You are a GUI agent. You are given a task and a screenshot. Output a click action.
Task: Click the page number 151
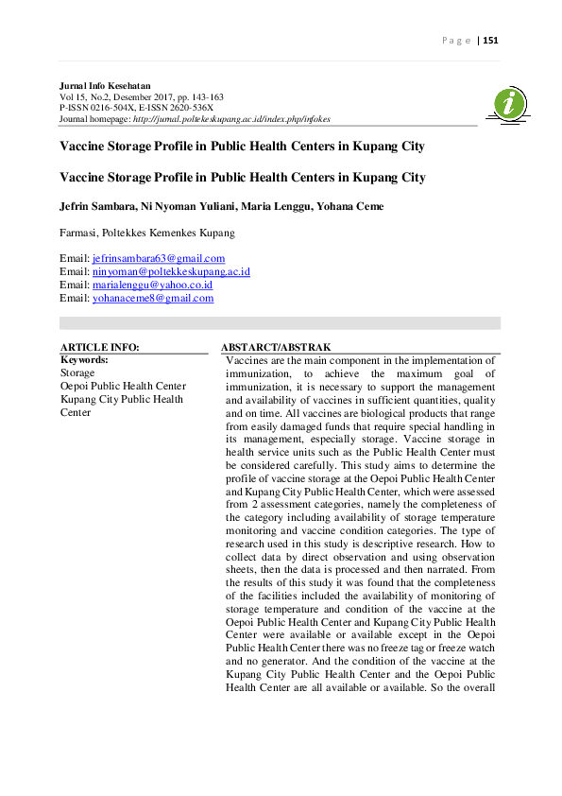490,41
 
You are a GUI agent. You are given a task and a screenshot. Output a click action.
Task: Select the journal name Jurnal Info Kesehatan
105,86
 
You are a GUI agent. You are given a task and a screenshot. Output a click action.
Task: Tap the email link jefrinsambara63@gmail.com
159,258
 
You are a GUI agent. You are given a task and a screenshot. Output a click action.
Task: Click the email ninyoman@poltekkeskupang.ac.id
171,271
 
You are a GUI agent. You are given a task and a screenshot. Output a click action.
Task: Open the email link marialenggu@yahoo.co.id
152,285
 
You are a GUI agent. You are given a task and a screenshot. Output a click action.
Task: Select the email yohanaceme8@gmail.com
153,298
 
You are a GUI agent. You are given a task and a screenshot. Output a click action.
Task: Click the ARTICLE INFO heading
99,347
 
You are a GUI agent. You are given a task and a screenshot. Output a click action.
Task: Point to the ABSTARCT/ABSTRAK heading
275,347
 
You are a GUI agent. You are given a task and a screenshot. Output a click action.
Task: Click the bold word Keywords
84,360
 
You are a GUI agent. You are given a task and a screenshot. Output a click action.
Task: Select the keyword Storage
77,372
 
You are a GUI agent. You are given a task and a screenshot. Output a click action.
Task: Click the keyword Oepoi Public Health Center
123,386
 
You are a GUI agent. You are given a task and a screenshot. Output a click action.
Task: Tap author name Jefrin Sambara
98,207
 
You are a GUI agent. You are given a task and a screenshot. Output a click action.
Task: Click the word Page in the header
456,41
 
